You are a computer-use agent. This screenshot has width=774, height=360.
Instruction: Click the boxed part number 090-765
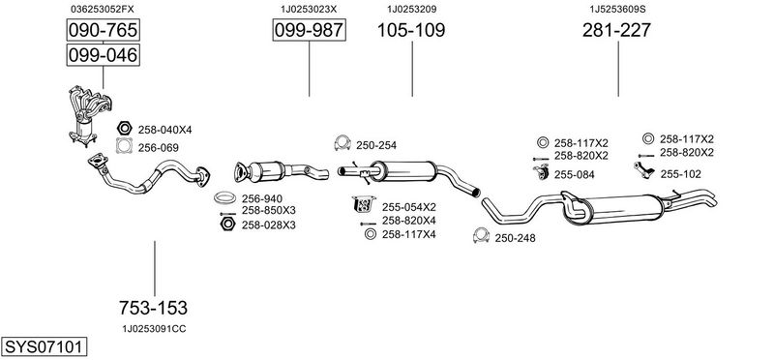[x=103, y=30]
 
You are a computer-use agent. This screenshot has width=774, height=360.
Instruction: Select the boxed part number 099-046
[x=103, y=54]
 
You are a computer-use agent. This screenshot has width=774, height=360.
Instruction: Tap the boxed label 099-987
[x=309, y=30]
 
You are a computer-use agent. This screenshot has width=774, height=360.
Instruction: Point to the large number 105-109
[x=411, y=30]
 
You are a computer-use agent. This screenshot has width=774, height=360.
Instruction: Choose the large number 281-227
[x=616, y=30]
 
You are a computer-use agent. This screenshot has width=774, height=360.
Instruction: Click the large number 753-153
[x=153, y=308]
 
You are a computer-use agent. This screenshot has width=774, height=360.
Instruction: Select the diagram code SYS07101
[x=44, y=346]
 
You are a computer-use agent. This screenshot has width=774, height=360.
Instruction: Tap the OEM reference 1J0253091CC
[x=154, y=329]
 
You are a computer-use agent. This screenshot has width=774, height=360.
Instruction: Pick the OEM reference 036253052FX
[x=103, y=9]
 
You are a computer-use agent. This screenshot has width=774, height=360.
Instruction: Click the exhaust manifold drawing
[x=89, y=115]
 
